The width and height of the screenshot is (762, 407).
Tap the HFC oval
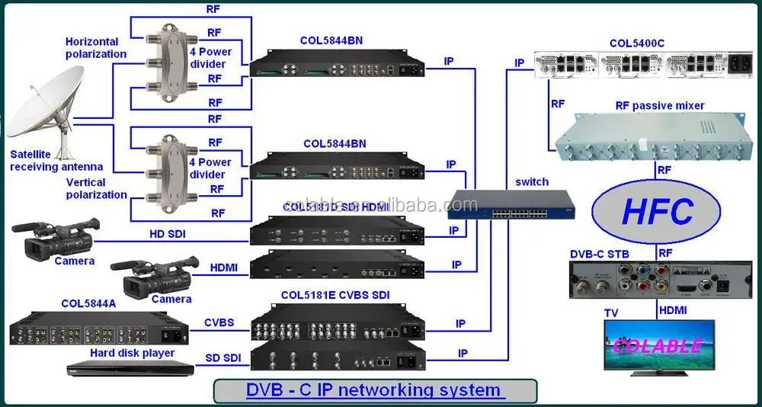[x=656, y=211]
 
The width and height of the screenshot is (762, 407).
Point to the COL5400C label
[x=636, y=43]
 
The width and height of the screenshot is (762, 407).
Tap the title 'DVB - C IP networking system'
[x=373, y=390]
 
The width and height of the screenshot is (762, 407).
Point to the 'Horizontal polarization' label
[x=95, y=48]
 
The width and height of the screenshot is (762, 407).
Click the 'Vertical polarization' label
[x=97, y=188]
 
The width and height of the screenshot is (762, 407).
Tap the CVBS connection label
[x=219, y=322]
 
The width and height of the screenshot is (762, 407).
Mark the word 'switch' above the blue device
[x=531, y=181]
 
